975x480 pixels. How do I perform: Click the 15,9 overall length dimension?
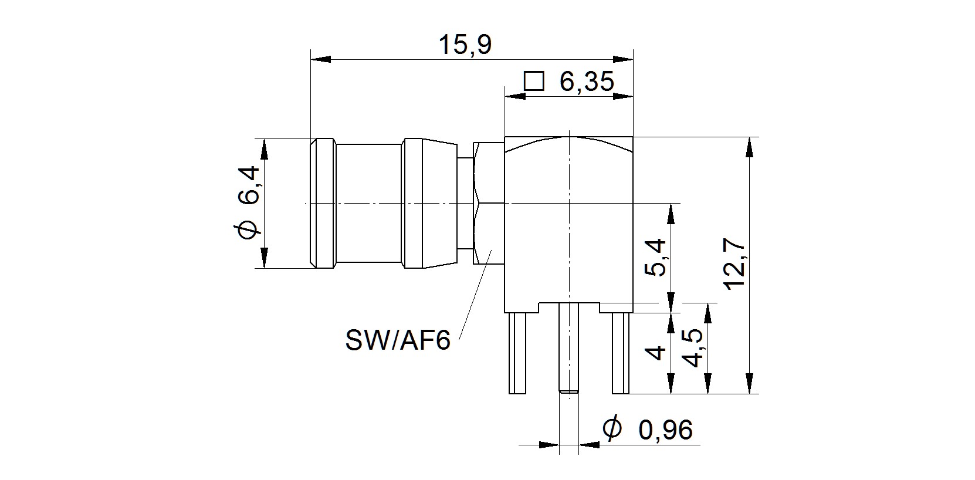click(x=465, y=45)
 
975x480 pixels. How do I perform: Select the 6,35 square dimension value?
click(x=586, y=82)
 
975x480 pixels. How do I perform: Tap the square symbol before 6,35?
click(x=534, y=81)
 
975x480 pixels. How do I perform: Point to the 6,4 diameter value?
click(x=249, y=185)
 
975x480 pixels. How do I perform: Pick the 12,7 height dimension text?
click(x=734, y=263)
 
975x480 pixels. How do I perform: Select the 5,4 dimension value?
click(x=655, y=257)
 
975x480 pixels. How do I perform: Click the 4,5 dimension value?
click(x=692, y=347)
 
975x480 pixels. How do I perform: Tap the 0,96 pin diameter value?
click(x=665, y=430)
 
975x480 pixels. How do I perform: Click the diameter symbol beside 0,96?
click(x=612, y=428)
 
